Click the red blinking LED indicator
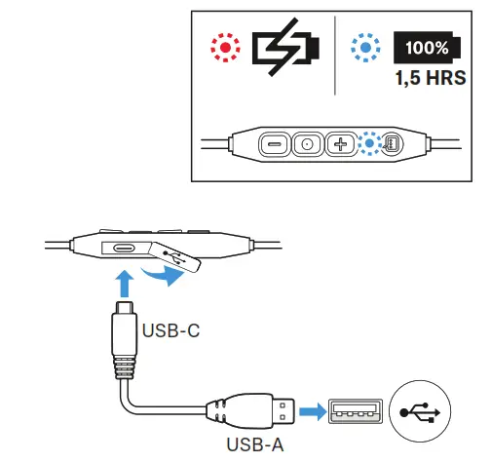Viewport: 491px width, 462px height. click(x=225, y=48)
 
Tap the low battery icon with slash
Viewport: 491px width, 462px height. click(x=285, y=47)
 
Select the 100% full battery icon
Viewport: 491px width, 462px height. click(x=428, y=48)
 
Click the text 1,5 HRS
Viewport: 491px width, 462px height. click(x=431, y=78)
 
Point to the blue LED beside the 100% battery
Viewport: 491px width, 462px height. click(x=365, y=48)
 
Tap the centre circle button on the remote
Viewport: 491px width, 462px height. click(x=307, y=143)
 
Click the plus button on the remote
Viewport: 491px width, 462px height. click(x=340, y=143)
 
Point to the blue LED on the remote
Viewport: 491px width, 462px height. click(x=369, y=143)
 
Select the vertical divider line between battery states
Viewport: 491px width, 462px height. click(x=335, y=56)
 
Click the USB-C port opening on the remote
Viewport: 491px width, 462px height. click(x=124, y=249)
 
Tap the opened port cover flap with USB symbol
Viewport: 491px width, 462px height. click(x=175, y=256)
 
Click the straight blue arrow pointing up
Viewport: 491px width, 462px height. click(x=125, y=284)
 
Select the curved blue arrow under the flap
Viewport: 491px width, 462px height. click(x=163, y=276)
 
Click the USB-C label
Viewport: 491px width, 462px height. click(x=170, y=330)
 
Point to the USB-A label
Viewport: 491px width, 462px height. click(x=255, y=444)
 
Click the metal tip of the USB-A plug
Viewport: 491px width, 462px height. click(x=283, y=411)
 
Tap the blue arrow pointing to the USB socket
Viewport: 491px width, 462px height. click(x=313, y=411)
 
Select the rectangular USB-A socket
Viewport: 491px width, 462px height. click(x=356, y=411)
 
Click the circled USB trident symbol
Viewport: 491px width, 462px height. click(x=420, y=411)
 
